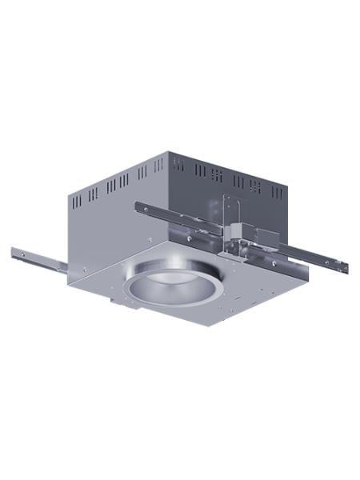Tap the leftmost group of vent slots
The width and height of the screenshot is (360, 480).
pos(93,193)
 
